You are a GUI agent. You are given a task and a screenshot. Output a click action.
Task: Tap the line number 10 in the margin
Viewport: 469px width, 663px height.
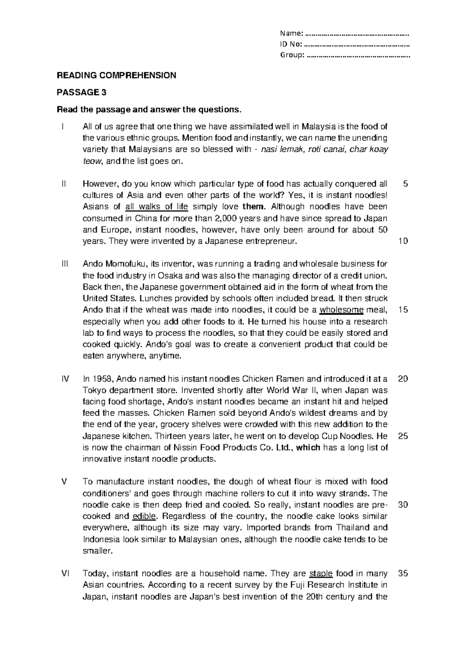click(403, 241)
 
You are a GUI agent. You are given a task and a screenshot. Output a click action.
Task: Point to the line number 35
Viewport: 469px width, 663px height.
click(403, 574)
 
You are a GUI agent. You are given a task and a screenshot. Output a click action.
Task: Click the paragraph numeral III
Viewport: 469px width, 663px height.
click(65, 264)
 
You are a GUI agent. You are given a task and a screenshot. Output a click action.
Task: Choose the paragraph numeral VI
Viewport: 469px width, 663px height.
click(65, 574)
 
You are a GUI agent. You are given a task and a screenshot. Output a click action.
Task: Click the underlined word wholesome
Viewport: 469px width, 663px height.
click(342, 310)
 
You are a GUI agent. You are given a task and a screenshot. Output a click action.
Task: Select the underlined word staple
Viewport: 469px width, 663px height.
click(321, 574)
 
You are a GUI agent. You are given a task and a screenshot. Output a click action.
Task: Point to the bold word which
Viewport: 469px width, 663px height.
click(308, 448)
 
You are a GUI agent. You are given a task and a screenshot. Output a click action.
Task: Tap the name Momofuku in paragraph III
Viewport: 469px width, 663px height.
click(120, 264)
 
